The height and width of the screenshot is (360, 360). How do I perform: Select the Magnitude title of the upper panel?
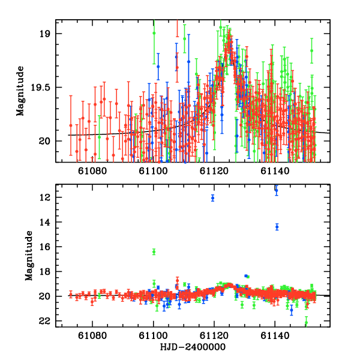(x=20, y=91)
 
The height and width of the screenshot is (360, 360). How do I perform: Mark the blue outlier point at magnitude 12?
(x=213, y=197)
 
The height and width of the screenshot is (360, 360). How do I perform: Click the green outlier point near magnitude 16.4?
(x=154, y=251)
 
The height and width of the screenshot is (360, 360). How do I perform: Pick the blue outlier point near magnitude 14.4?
(x=277, y=227)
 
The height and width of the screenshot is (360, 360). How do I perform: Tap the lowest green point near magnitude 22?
(x=306, y=323)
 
